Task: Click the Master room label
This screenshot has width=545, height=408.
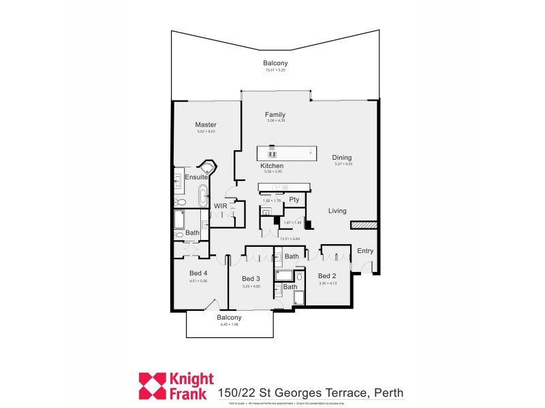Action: (x=205, y=124)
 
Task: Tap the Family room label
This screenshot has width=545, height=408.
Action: (x=275, y=114)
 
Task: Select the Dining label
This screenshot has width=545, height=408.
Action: (x=342, y=157)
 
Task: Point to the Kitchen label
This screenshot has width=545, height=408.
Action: (x=272, y=166)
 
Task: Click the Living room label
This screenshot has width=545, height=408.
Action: (x=337, y=211)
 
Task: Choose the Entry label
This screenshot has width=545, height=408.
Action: (x=365, y=251)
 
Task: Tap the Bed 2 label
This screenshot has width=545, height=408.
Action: (x=328, y=275)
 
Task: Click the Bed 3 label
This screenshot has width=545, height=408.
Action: (x=251, y=279)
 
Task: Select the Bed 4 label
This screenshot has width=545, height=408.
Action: (x=199, y=273)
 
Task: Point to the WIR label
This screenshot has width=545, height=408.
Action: (x=221, y=205)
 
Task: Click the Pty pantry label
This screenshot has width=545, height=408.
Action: (x=294, y=199)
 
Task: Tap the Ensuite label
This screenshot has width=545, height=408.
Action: (x=196, y=177)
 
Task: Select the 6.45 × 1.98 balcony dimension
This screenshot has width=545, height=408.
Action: (x=229, y=324)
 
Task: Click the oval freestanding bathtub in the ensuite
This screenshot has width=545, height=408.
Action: (x=202, y=197)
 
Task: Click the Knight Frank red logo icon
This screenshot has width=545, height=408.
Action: (x=153, y=386)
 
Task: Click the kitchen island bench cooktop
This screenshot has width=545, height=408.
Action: (x=272, y=152)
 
